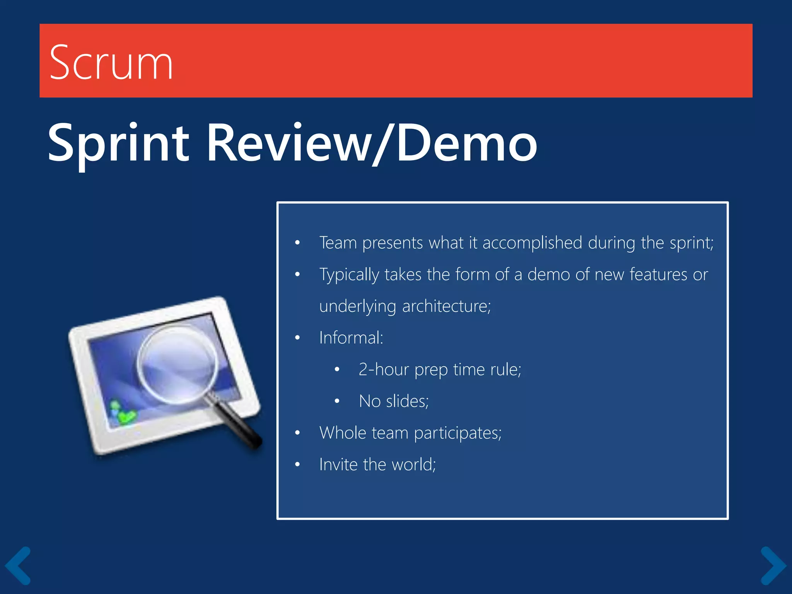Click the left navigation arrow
[x=18, y=565]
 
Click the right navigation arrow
[x=773, y=565]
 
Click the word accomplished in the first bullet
[x=532, y=243]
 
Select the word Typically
[x=349, y=275]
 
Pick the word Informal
[x=350, y=338]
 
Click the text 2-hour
[x=383, y=370]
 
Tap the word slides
[x=407, y=401]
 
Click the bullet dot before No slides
[x=337, y=401]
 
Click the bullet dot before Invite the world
[x=297, y=464]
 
